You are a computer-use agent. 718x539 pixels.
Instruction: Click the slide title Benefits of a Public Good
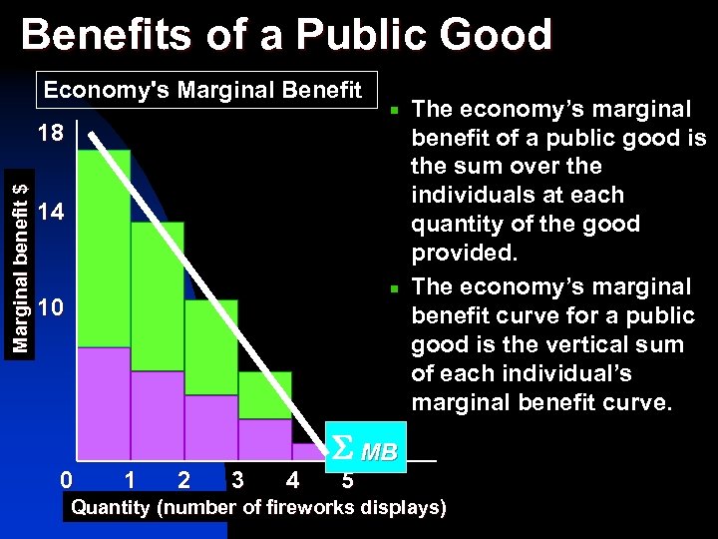pyautogui.click(x=286, y=35)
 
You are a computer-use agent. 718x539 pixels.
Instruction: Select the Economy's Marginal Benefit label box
pyautogui.click(x=203, y=90)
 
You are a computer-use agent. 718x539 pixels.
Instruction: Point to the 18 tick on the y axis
pyautogui.click(x=50, y=134)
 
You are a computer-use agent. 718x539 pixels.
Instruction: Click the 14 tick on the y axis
pyautogui.click(x=50, y=212)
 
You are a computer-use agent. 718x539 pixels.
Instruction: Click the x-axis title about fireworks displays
pyautogui.click(x=258, y=508)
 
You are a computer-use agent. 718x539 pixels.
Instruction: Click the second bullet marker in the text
pyautogui.click(x=395, y=288)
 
